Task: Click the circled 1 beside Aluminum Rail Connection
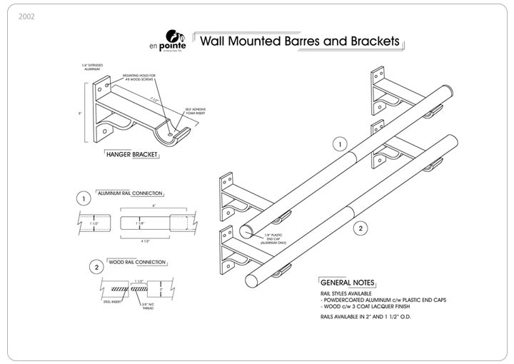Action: [84, 198]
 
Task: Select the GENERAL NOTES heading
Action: [348, 283]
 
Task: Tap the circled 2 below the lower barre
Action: [361, 228]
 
